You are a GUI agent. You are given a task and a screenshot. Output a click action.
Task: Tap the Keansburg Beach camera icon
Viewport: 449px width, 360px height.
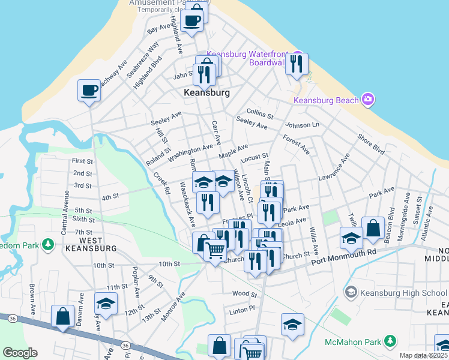point(368,99)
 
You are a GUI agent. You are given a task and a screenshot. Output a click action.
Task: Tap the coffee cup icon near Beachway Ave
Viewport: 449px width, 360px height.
point(89,91)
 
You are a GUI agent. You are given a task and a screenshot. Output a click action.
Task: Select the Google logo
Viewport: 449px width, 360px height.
point(20,353)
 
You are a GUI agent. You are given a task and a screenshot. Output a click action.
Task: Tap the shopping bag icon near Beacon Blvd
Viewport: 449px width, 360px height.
point(373,227)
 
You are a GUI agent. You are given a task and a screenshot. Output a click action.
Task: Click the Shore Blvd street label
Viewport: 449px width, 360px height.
point(370,144)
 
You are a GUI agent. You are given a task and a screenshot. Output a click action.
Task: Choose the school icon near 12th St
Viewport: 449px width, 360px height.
point(106,303)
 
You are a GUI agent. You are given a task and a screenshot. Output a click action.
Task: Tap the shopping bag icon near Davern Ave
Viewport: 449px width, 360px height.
point(62,316)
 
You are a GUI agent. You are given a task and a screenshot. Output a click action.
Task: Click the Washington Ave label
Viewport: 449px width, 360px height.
point(190,152)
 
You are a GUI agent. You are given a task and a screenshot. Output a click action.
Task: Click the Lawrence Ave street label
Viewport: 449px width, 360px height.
point(334,170)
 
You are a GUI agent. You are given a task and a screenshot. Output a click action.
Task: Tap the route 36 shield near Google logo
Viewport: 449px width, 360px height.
point(125,346)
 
